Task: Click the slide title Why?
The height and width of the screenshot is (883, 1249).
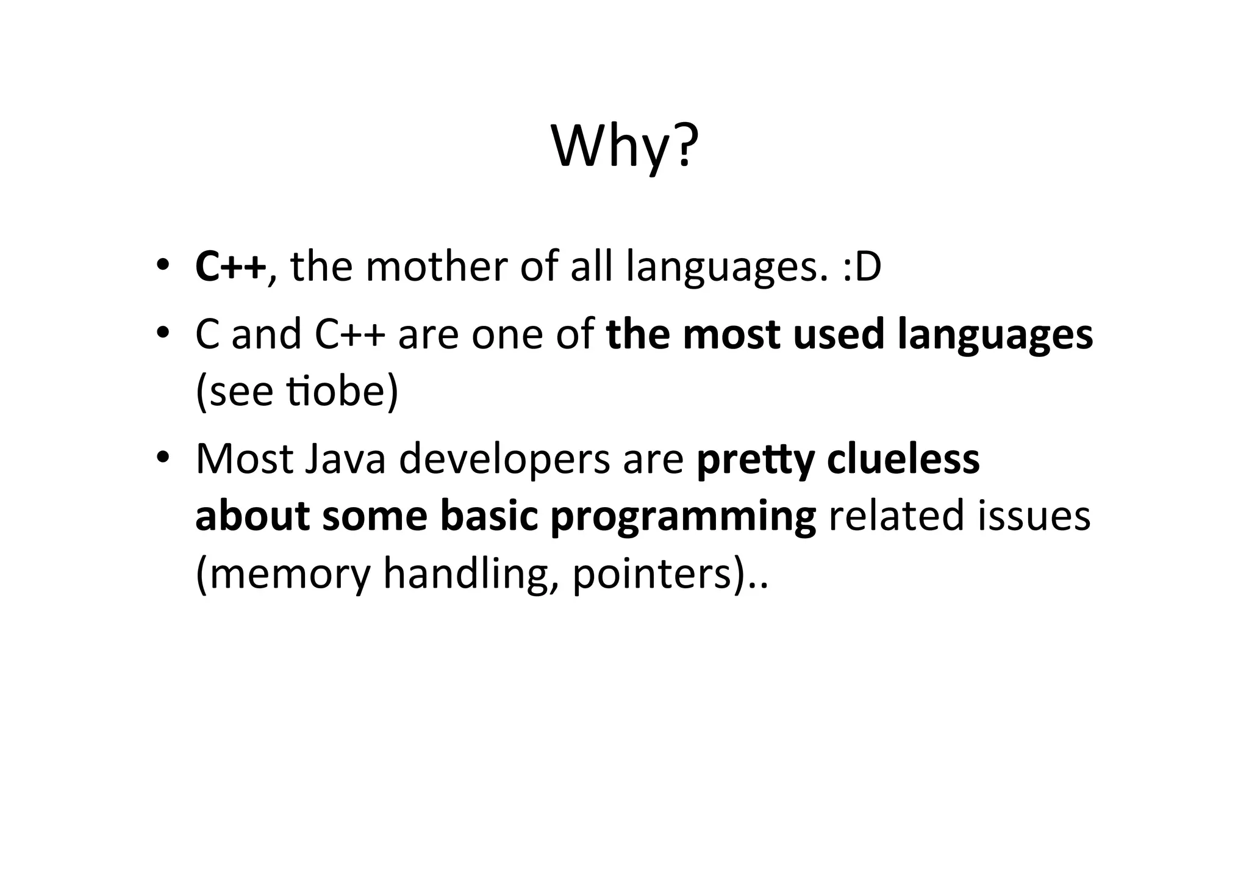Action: point(624,147)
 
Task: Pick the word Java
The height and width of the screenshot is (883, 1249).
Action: point(345,459)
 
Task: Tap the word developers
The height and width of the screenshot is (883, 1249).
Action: point(504,460)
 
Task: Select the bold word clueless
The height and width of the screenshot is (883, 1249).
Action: point(903,459)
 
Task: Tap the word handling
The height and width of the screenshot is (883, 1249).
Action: point(470,574)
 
